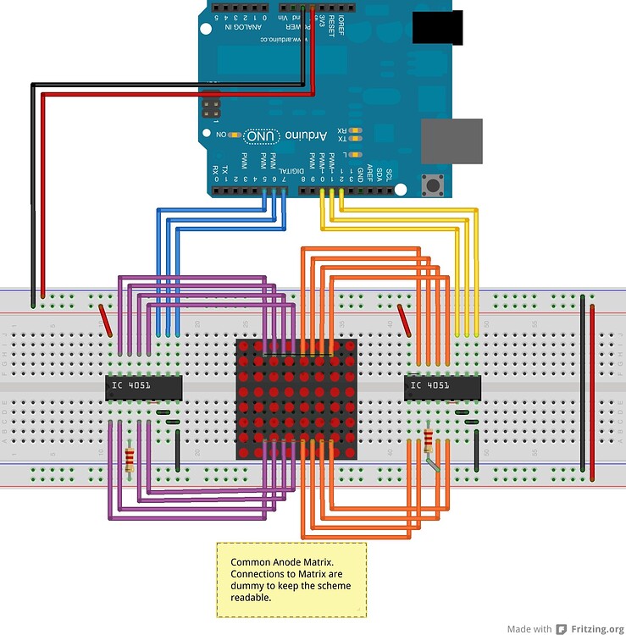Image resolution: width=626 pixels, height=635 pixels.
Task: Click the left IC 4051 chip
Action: tap(143, 387)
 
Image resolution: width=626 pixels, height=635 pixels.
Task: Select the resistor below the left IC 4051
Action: tap(130, 460)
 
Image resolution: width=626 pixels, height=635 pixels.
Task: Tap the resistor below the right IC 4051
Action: tap(428, 439)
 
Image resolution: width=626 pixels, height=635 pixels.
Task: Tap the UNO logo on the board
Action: tap(259, 135)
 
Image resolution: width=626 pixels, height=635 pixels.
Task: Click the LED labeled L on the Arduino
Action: tap(355, 154)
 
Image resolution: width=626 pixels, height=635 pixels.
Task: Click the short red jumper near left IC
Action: tap(106, 319)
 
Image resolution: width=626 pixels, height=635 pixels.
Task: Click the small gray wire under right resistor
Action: tap(433, 463)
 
